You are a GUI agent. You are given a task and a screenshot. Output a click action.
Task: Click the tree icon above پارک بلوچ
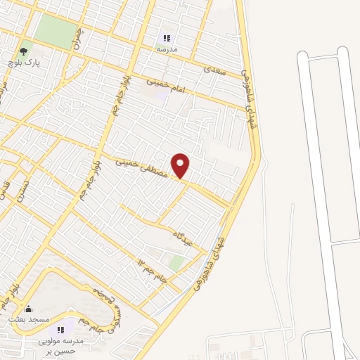pyautogui.click(x=24, y=51)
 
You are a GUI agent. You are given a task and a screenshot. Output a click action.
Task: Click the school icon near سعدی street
pyautogui.click(x=167, y=38)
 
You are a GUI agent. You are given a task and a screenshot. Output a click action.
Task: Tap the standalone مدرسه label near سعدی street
pyautogui.click(x=167, y=49)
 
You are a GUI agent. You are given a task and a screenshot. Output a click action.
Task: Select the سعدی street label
pyautogui.click(x=213, y=70)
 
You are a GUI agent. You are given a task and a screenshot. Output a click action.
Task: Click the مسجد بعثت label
pyautogui.click(x=28, y=319)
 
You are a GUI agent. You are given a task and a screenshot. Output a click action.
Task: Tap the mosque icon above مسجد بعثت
pyautogui.click(x=28, y=309)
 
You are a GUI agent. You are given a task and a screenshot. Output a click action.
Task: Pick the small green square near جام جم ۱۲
pyautogui.click(x=177, y=263)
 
